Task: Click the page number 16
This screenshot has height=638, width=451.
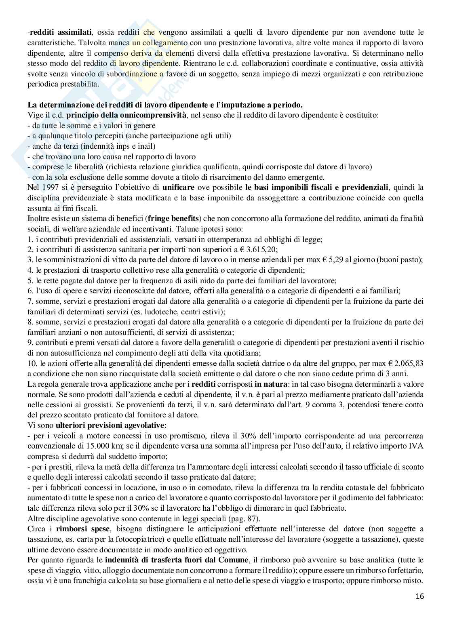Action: (420, 596)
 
